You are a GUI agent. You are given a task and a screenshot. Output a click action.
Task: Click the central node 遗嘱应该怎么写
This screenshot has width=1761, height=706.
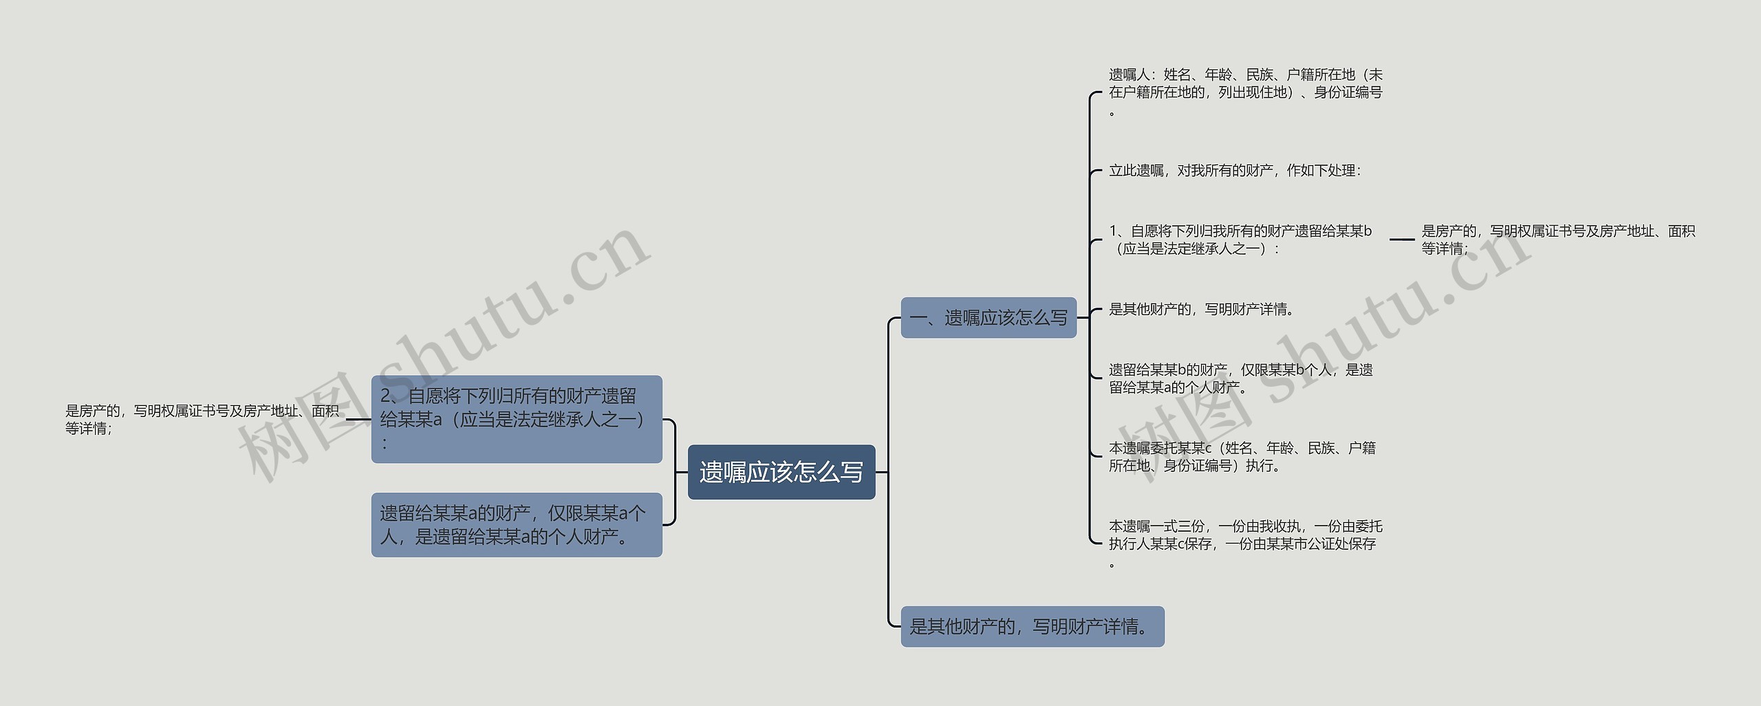pyautogui.click(x=781, y=472)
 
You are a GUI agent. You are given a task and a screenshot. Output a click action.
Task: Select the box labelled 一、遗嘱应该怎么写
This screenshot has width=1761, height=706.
pyautogui.click(x=988, y=317)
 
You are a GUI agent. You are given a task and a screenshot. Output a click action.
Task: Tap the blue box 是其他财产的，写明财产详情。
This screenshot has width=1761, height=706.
pyautogui.click(x=1032, y=626)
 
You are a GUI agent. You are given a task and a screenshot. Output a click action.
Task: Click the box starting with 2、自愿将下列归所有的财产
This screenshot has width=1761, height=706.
pyautogui.click(x=516, y=418)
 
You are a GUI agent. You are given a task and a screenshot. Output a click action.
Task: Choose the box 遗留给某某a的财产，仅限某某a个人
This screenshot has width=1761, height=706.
pyautogui.click(x=516, y=524)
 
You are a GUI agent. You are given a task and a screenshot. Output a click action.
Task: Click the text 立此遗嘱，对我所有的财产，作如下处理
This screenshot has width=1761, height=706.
pyautogui.click(x=1235, y=171)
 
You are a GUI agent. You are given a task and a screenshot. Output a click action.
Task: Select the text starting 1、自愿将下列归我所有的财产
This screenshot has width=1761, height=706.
pyautogui.click(x=1240, y=239)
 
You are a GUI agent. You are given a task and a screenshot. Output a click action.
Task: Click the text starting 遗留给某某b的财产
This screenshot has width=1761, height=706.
pyautogui.click(x=1240, y=378)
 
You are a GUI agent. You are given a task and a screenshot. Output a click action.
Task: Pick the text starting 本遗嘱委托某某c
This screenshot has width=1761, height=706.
pyautogui.click(x=1242, y=457)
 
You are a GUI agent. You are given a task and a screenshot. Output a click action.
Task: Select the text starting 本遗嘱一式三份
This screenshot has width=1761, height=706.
pyautogui.click(x=1245, y=535)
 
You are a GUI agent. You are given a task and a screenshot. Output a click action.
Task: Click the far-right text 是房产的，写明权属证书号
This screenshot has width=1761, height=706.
pyautogui.click(x=1558, y=239)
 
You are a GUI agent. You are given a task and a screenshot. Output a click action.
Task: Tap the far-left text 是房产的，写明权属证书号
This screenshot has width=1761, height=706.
pyautogui.click(x=202, y=419)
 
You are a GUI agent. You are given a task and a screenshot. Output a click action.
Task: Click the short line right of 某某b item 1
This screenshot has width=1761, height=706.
pyautogui.click(x=1401, y=239)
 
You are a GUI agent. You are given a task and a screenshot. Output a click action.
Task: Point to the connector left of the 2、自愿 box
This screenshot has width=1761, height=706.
pyautogui.click(x=358, y=419)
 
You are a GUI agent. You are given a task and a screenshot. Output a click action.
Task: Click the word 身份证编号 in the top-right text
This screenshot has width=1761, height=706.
pyautogui.click(x=1348, y=92)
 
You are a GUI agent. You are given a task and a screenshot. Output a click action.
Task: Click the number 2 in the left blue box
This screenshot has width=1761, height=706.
pyautogui.click(x=386, y=396)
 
